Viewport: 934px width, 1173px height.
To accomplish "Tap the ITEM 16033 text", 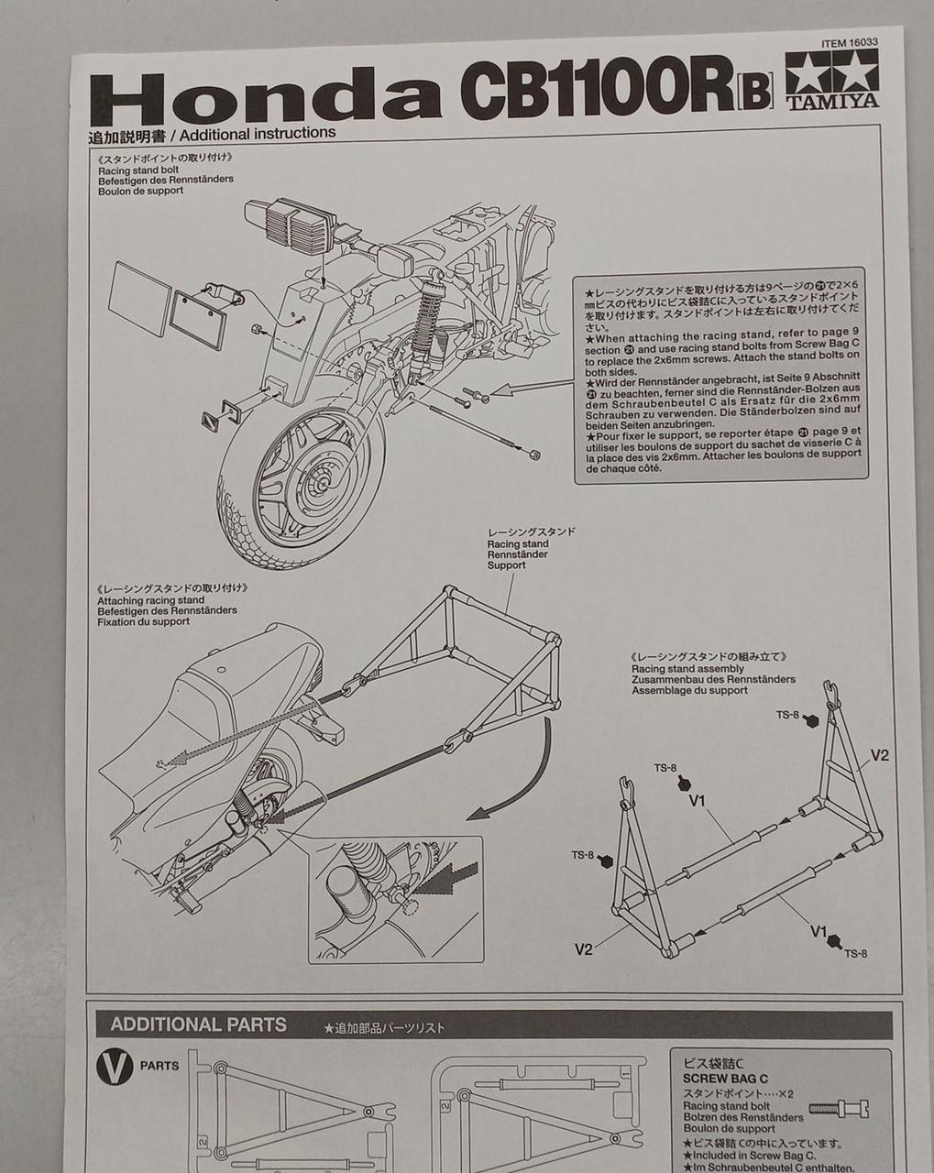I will pos(849,42).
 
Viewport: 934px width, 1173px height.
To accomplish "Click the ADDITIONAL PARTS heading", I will pos(198,1025).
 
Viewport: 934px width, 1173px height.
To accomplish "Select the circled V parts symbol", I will pos(112,1067).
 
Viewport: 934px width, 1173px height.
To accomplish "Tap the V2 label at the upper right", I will pos(879,756).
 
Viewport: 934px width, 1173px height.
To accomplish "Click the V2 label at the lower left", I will pos(584,948).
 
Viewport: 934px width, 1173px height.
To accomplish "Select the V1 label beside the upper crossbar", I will pos(698,800).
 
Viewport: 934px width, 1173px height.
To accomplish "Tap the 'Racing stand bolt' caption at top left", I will pos(138,170).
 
